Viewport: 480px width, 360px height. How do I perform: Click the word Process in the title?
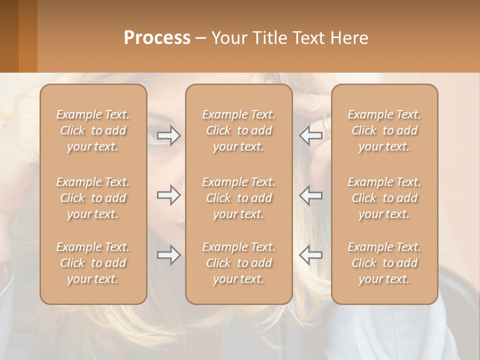[x=157, y=38]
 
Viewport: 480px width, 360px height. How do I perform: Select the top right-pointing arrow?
[x=168, y=135]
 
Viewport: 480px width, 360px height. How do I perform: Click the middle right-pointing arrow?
[x=168, y=195]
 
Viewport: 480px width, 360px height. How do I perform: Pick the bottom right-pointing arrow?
[x=168, y=255]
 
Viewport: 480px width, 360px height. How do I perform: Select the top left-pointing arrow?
[x=310, y=135]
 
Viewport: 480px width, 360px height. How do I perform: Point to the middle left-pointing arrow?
[x=310, y=195]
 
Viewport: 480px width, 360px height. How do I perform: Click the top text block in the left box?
[x=93, y=130]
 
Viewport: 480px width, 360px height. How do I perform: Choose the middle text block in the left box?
[x=93, y=198]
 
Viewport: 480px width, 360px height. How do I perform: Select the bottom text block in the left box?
[x=93, y=263]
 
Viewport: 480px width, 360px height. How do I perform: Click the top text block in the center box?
[x=238, y=130]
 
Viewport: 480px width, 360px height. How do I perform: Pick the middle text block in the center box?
[x=238, y=198]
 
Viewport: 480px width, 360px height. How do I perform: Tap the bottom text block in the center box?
[x=238, y=263]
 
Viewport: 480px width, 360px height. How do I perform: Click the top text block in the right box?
[x=384, y=130]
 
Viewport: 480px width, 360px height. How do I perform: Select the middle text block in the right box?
[x=384, y=198]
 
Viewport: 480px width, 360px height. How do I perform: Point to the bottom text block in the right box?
[x=384, y=263]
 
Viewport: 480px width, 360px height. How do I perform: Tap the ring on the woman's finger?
[x=326, y=123]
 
